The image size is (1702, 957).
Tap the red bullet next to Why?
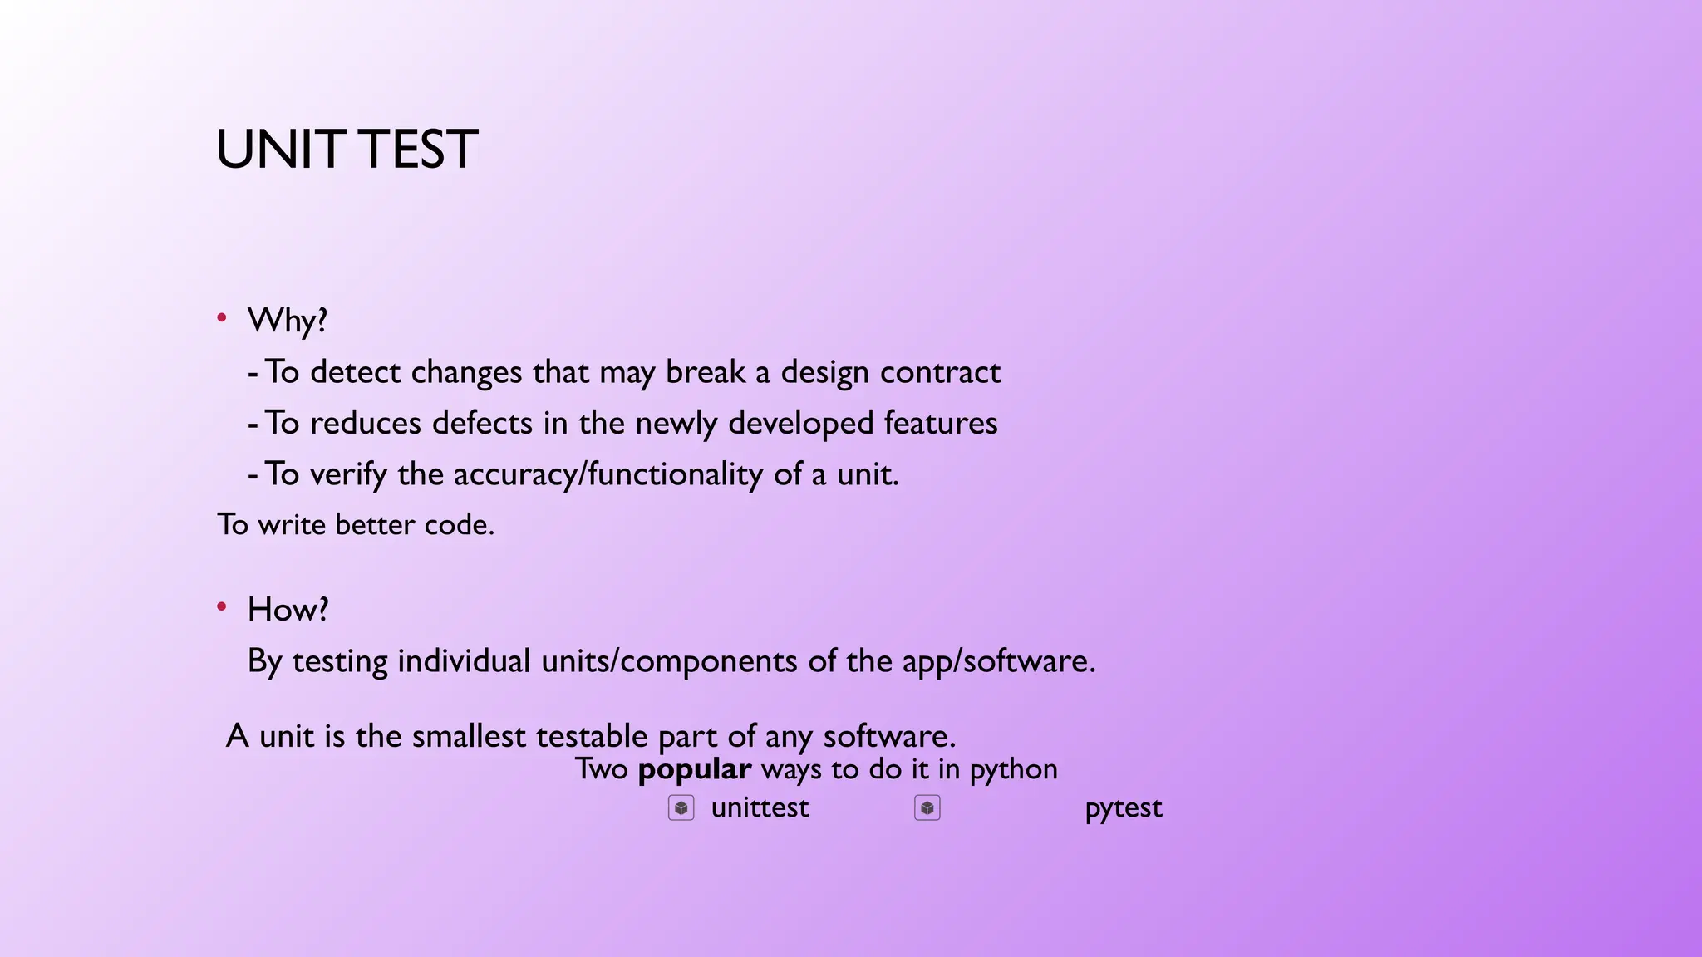click(222, 318)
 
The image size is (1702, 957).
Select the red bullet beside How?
click(222, 607)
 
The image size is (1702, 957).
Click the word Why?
click(288, 321)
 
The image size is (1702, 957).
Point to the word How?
click(288, 610)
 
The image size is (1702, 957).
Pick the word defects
click(482, 424)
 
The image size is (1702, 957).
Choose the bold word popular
click(694, 770)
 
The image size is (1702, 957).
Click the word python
click(1013, 770)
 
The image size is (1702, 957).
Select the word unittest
click(760, 807)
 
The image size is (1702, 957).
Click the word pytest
click(1123, 807)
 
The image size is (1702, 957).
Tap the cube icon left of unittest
click(681, 807)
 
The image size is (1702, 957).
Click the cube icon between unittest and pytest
click(927, 807)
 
